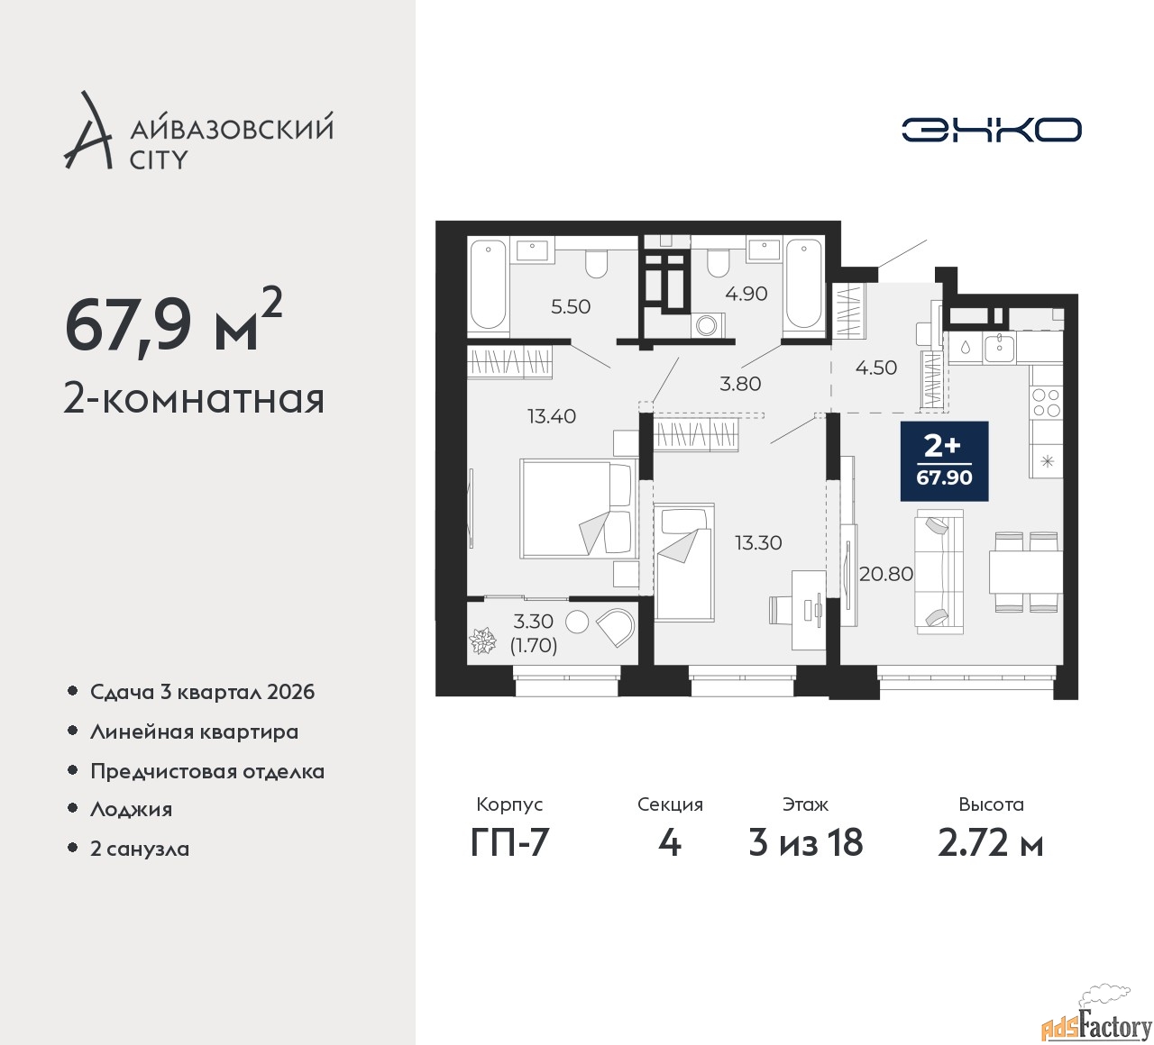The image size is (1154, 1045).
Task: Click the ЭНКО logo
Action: pos(992,130)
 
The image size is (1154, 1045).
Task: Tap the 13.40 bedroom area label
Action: pos(552,416)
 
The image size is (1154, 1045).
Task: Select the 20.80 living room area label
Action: pos(886,574)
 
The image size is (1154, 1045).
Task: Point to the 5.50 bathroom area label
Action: pos(571,306)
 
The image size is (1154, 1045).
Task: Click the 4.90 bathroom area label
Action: pos(746,294)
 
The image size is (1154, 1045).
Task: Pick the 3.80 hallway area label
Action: pos(740,384)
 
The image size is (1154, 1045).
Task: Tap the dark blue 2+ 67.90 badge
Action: pos(944,460)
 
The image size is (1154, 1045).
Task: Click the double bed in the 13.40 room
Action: pos(577,508)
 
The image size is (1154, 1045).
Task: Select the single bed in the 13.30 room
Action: pos(684,560)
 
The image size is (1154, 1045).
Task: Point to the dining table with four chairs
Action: pos(1024,573)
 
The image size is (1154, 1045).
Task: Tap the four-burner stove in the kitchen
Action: pos(1046,402)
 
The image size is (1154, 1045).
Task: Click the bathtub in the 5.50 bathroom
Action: pos(488,284)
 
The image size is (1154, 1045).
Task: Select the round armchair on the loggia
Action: pos(616,625)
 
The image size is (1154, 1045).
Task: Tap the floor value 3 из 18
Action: pos(806,843)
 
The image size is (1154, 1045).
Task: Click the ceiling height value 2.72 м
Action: pos(990,843)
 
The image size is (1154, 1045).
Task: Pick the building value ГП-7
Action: pos(509,843)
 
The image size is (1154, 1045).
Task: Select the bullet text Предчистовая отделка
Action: pos(207,771)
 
